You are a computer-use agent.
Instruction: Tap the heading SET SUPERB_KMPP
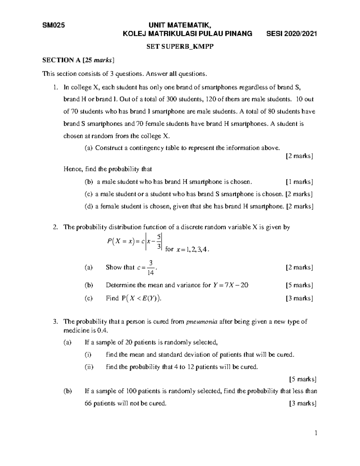(180, 47)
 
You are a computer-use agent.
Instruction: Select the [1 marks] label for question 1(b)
(299, 182)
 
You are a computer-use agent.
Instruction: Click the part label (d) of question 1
(89, 206)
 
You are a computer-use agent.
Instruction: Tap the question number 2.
(55, 227)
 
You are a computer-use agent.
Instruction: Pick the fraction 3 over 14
(151, 268)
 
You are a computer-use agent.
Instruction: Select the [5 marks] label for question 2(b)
(299, 285)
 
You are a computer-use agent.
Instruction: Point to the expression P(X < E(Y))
(141, 298)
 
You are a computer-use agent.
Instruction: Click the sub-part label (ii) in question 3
(89, 367)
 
